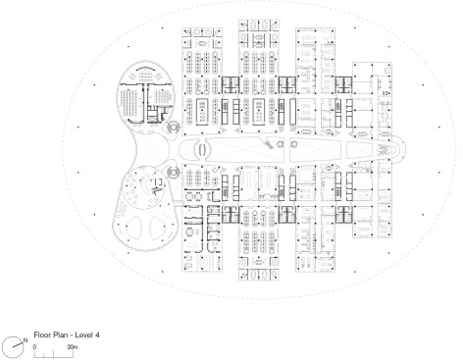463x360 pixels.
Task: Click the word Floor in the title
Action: (42, 334)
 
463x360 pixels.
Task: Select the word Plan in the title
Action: (59, 334)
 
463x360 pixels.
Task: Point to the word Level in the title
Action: (82, 334)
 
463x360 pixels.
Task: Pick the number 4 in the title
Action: (97, 334)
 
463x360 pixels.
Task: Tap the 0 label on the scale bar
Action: (35, 344)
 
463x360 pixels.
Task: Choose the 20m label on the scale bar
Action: (73, 344)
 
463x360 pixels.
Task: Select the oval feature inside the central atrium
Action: (201, 151)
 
